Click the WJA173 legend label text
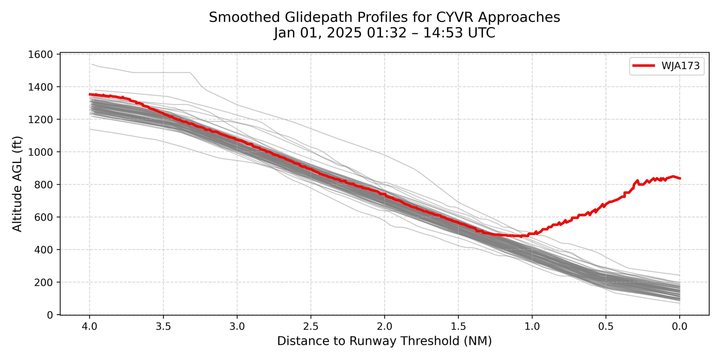pyautogui.click(x=680, y=66)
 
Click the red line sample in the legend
pyautogui.click(x=644, y=66)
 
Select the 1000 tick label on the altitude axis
pyautogui.click(x=40, y=152)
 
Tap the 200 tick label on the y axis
pyautogui.click(x=44, y=282)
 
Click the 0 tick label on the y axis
pyautogui.click(x=50, y=315)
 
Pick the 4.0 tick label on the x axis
pyautogui.click(x=90, y=327)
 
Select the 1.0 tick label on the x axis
pyautogui.click(x=532, y=327)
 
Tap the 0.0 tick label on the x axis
pyautogui.click(x=680, y=327)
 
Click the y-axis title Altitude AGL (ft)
pyautogui.click(x=17, y=184)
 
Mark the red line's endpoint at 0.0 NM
pyautogui.click(x=680, y=178)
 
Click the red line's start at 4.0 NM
pyautogui.click(x=90, y=94)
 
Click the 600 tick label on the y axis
pyautogui.click(x=44, y=217)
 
